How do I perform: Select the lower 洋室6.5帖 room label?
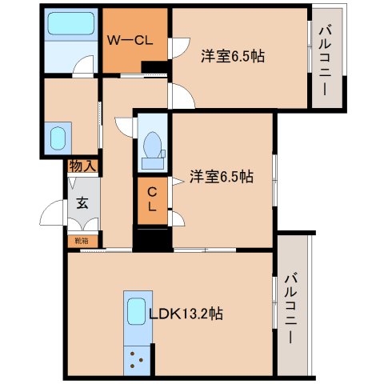pos(222,177)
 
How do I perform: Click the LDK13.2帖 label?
pos(186,314)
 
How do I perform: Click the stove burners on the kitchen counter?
pos(136,358)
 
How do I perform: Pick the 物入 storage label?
pos(82,166)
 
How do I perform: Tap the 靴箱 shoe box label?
pos(82,239)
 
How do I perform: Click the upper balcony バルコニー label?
pos(326,60)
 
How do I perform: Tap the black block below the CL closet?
pos(151,238)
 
